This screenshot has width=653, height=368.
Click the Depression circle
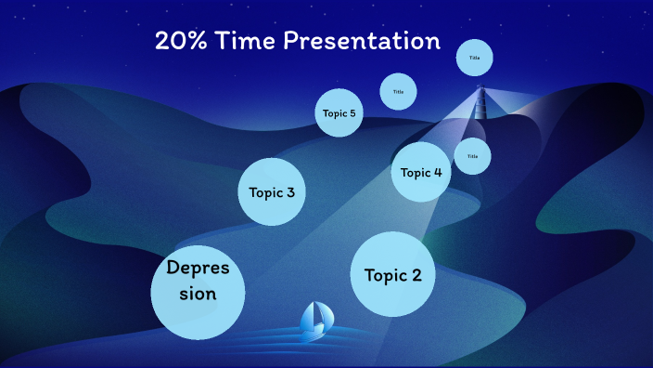click(x=198, y=293)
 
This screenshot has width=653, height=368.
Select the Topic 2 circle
click(x=392, y=274)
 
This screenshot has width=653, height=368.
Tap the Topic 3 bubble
click(x=272, y=191)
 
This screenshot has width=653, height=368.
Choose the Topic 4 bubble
click(x=420, y=172)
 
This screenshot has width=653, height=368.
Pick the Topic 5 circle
click(x=339, y=113)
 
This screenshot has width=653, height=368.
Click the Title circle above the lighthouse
click(x=474, y=59)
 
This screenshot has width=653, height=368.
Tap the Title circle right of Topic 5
click(x=398, y=91)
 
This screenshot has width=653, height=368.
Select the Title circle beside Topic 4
click(x=472, y=156)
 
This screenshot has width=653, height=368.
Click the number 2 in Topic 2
click(x=416, y=275)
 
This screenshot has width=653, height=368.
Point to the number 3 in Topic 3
click(x=290, y=192)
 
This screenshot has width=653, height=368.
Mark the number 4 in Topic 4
click(x=437, y=172)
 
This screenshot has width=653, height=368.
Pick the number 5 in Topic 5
click(x=352, y=113)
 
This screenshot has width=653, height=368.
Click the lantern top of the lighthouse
click(x=480, y=89)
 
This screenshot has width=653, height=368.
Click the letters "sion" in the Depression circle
click(x=198, y=294)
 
